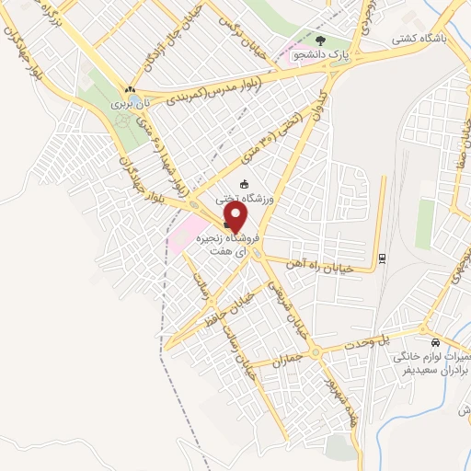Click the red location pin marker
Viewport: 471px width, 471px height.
tap(236, 217)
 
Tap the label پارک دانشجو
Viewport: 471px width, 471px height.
tap(321, 54)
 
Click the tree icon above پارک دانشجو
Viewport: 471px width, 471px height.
tap(321, 40)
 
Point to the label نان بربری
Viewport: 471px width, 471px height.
tap(131, 106)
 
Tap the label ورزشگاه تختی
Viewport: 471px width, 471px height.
tap(244, 197)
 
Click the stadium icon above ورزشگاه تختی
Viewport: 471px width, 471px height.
tap(244, 184)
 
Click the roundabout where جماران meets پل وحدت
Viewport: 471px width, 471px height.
tap(316, 351)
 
